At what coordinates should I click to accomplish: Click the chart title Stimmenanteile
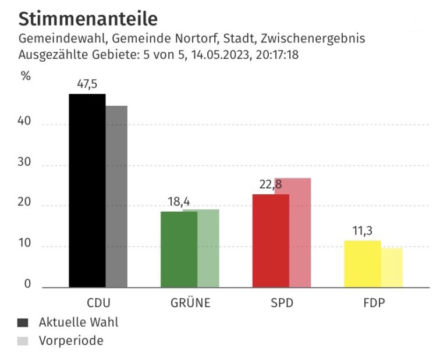tap(88, 19)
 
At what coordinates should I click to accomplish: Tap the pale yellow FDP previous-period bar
tap(392, 268)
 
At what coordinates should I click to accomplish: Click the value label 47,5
tap(87, 84)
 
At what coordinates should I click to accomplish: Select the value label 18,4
tap(179, 202)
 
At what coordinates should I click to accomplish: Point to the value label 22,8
tap(270, 185)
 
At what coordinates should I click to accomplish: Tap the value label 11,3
tap(362, 231)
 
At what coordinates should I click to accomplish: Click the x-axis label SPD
tap(282, 304)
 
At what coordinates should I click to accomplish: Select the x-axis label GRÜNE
tap(190, 304)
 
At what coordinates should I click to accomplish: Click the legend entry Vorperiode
tap(70, 341)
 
